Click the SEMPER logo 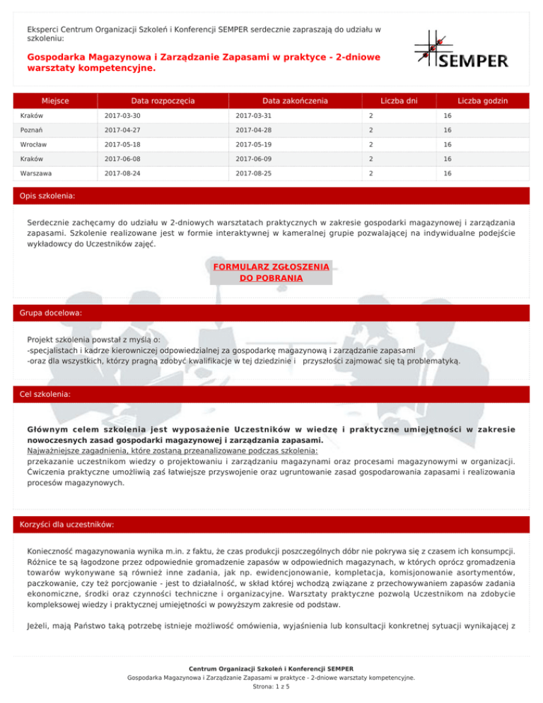point(460,49)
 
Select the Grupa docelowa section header point(52,311)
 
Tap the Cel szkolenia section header point(47,393)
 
